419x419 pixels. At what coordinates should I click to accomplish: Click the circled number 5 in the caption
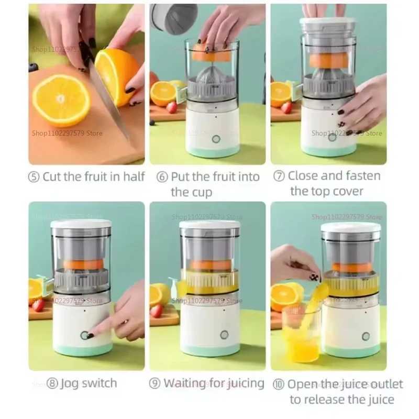(34, 177)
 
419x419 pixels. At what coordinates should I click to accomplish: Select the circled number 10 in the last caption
(279, 385)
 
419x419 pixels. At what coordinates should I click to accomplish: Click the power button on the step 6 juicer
(216, 139)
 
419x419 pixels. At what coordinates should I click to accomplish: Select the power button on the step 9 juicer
(224, 335)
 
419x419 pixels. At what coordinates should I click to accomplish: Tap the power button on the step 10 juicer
(366, 336)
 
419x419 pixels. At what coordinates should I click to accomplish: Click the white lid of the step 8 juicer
(81, 224)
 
